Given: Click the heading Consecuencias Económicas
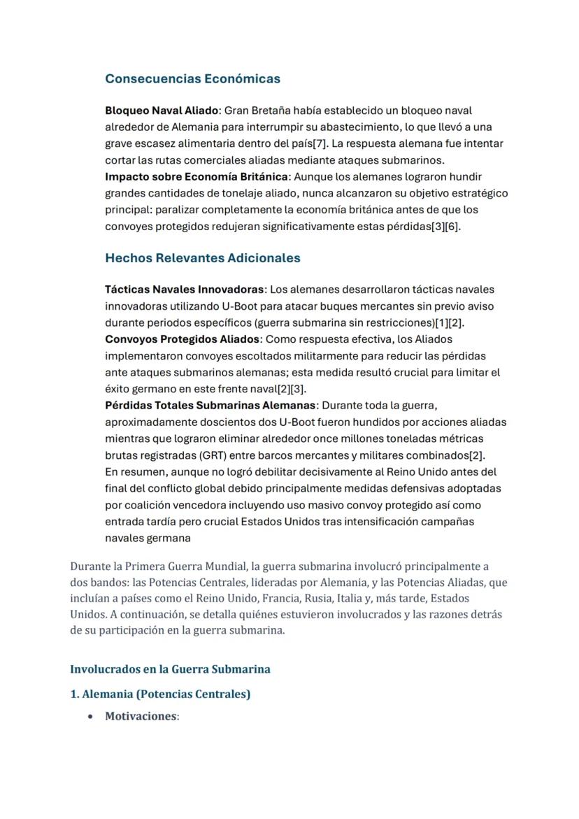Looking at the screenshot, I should point(192,78).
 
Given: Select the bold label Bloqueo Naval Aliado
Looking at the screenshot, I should point(162,111).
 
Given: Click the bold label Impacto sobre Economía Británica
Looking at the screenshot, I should point(196,176).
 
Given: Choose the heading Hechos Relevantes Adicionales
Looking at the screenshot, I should point(202,258).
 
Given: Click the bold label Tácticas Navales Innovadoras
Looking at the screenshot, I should point(185,290).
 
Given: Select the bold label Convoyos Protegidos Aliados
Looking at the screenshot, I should point(182,339).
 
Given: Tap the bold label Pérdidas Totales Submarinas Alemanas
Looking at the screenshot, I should point(210,406).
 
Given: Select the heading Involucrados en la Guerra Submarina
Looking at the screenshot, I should point(170,669).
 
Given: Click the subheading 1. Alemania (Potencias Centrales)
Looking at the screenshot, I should point(160,695).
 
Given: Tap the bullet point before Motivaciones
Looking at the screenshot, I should point(91,716).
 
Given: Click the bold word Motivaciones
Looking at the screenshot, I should point(141,716).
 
